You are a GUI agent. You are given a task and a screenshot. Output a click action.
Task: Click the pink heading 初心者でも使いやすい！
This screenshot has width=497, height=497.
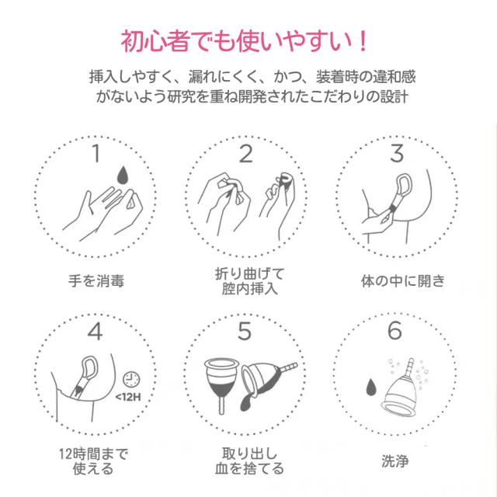click(x=244, y=41)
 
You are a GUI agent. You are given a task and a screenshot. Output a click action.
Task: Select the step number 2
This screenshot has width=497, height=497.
click(x=246, y=154)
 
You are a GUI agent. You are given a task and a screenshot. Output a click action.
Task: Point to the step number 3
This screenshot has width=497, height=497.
click(x=397, y=154)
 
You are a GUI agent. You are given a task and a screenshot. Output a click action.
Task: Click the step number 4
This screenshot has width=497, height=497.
click(x=95, y=332)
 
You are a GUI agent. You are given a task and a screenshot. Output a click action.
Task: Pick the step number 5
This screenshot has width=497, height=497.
click(x=245, y=331)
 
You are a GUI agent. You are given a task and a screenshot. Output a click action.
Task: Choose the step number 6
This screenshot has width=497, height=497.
click(x=395, y=331)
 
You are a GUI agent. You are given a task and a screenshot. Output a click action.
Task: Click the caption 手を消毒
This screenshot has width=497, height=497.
click(x=96, y=281)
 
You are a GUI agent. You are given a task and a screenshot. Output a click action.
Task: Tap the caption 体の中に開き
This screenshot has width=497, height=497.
click(x=402, y=281)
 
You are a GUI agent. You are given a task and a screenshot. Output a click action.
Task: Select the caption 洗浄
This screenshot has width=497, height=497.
click(x=395, y=461)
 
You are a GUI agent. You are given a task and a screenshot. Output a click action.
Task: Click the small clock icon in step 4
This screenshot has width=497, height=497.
click(x=131, y=380)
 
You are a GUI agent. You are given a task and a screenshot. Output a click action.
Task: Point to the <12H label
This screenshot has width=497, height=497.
click(x=127, y=397)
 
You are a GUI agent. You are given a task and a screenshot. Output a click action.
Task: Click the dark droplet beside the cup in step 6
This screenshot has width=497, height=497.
click(x=371, y=387)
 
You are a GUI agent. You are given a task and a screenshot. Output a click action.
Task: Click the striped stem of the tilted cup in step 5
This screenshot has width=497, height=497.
click(x=288, y=368)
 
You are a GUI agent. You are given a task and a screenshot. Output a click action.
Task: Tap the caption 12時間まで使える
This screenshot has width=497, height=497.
click(x=93, y=461)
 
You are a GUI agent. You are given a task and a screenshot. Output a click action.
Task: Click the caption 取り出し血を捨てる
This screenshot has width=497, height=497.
click(x=249, y=461)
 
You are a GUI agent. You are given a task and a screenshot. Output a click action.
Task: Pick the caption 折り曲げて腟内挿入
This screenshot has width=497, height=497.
click(x=249, y=281)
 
